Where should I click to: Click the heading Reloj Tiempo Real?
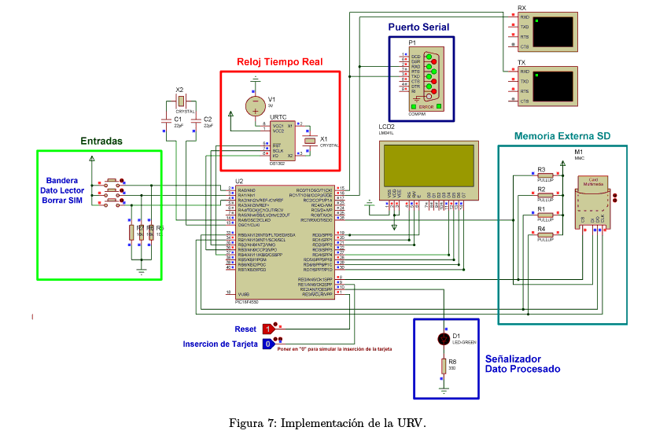(280, 62)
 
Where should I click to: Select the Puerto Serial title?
(419, 28)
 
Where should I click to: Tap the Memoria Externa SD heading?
(562, 136)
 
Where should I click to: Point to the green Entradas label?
(101, 142)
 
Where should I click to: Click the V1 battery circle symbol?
(255, 105)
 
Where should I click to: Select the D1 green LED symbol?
(443, 339)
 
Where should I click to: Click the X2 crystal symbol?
(180, 101)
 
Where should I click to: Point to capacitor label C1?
(178, 119)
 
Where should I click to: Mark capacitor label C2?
(208, 119)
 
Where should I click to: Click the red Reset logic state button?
(267, 329)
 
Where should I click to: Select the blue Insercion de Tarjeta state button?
(267, 344)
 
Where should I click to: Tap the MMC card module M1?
(594, 202)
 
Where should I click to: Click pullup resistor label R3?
(541, 169)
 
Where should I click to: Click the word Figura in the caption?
(247, 424)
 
